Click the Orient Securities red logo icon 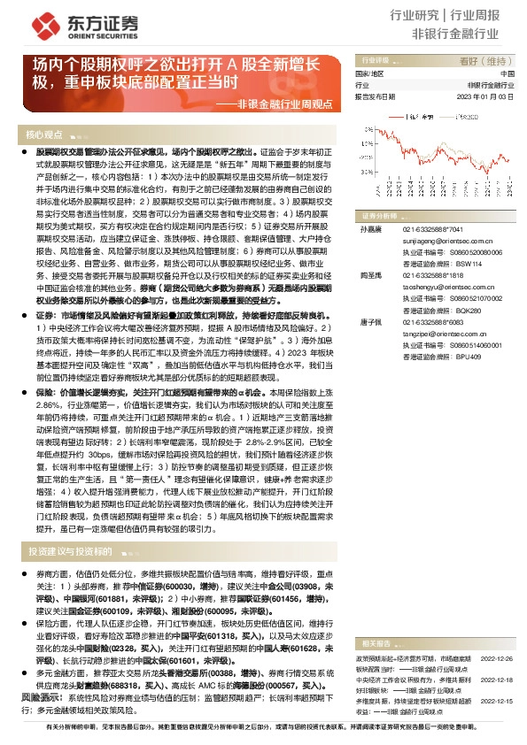[31, 25]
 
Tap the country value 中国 [508, 73]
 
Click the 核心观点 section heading [46, 134]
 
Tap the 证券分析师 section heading [380, 215]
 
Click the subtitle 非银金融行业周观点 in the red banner [284, 104]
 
